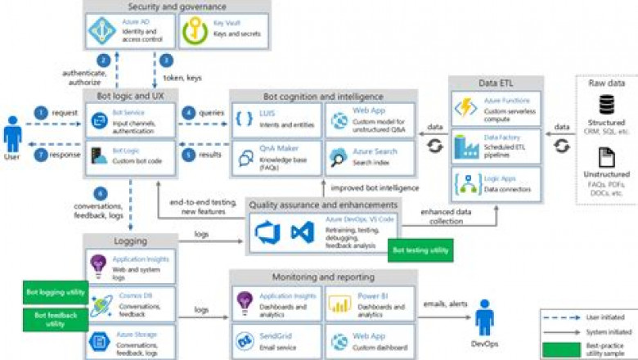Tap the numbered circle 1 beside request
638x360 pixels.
pyautogui.click(x=40, y=112)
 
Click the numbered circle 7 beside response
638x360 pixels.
pyautogui.click(x=40, y=153)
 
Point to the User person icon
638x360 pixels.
pyautogui.click(x=12, y=134)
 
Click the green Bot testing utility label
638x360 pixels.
pyautogui.click(x=420, y=250)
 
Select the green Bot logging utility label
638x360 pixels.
pyautogui.click(x=55, y=291)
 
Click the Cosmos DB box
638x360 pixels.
pyautogui.click(x=132, y=304)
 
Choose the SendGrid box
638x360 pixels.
pyautogui.click(x=276, y=340)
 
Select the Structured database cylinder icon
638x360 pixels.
pyautogui.click(x=607, y=105)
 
